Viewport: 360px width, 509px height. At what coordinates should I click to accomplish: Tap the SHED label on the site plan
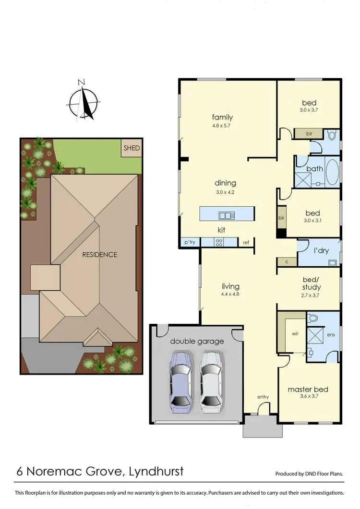(132, 148)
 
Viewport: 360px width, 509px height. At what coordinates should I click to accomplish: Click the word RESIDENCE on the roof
(99, 254)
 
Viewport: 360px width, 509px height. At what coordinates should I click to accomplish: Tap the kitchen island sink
(225, 215)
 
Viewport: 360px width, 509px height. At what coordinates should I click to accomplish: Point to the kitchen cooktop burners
(219, 243)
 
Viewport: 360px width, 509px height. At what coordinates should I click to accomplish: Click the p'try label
(190, 243)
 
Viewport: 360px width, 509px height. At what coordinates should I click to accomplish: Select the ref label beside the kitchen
(246, 243)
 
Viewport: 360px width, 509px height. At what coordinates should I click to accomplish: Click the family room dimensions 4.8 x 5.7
(222, 126)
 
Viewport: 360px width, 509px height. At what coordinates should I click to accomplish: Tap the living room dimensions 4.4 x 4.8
(230, 294)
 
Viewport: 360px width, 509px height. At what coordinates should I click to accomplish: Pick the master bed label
(308, 389)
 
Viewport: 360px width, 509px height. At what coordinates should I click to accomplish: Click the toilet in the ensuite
(312, 318)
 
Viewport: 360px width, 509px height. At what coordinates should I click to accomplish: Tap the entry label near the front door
(263, 397)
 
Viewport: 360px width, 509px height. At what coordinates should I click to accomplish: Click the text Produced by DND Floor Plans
(309, 473)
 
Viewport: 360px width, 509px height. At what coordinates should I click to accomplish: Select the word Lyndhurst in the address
(156, 471)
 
